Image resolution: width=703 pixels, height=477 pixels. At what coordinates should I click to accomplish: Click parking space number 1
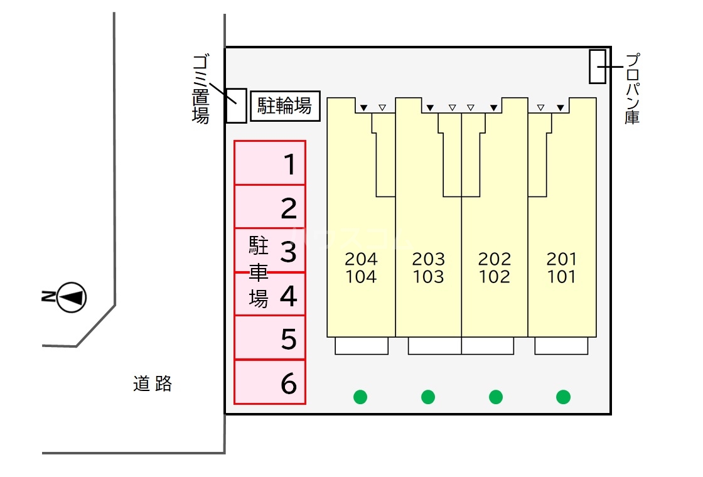[x=270, y=163]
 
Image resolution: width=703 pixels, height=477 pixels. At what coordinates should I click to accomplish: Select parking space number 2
[x=270, y=207]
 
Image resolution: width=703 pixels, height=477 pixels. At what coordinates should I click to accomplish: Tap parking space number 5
[x=270, y=338]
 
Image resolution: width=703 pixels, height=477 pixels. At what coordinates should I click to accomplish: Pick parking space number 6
[x=270, y=382]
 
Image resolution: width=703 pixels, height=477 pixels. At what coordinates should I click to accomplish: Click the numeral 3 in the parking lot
[x=288, y=252]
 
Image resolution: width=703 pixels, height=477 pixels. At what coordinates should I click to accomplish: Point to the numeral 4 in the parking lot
[x=288, y=296]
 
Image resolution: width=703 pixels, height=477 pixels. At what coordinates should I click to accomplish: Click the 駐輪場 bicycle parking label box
[x=286, y=106]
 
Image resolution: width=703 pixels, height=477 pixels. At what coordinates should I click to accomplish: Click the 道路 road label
[x=153, y=383]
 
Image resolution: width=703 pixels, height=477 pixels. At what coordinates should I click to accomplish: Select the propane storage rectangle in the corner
[x=598, y=66]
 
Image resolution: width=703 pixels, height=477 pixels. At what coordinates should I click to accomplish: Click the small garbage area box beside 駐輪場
[x=236, y=105]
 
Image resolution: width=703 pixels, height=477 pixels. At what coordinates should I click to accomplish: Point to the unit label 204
[x=362, y=259]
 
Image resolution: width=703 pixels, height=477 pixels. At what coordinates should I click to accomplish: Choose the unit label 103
[x=429, y=277]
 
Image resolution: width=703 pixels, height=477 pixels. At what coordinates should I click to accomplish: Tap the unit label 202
[x=495, y=259]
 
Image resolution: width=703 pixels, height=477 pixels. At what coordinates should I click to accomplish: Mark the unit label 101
[x=561, y=277]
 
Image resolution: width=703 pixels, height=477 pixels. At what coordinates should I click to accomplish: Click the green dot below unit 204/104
[x=360, y=397]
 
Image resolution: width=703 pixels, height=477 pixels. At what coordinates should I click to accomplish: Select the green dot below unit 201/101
[x=564, y=397]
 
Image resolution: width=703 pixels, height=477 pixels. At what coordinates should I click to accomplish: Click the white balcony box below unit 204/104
[x=362, y=346]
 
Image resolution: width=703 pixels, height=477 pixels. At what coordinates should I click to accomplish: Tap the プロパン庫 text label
[x=633, y=88]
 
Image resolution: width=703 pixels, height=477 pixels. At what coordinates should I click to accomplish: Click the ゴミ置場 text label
[x=200, y=88]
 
